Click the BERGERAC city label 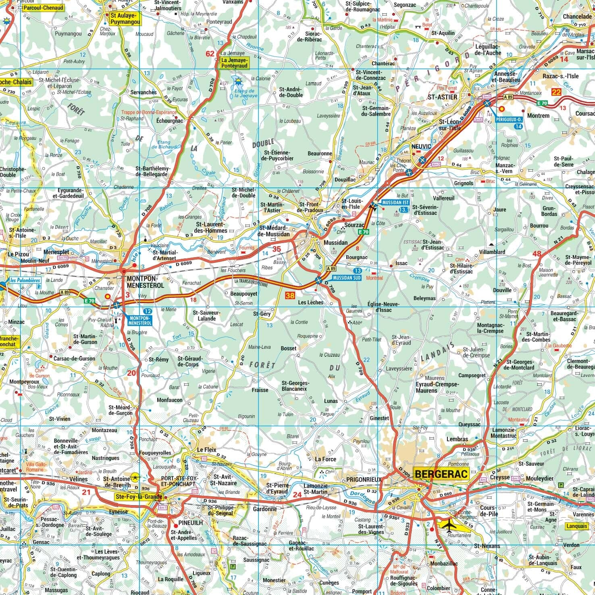pos(441,474)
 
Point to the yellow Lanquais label pos(577,526)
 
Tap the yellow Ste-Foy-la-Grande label pos(139,497)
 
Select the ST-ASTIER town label pos(442,97)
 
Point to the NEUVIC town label pos(421,146)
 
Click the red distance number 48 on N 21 pos(537,254)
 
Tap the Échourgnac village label pos(169,121)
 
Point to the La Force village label pos(325,459)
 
